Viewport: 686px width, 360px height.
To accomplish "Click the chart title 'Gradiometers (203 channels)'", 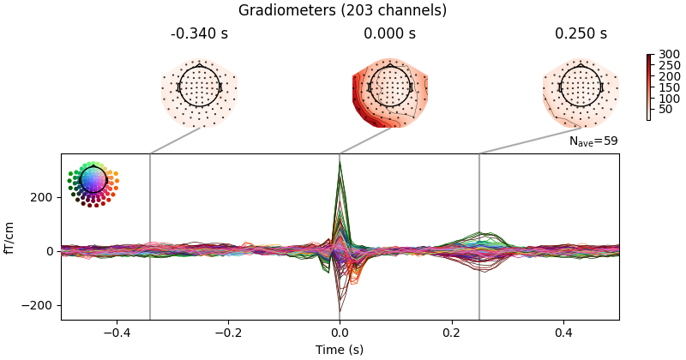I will pyautogui.click(x=342, y=10).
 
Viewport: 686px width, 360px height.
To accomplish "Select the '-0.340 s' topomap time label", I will pyautogui.click(x=199, y=34).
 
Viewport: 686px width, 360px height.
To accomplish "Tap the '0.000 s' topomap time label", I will pyautogui.click(x=389, y=34).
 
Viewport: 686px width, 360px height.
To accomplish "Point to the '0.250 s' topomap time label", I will pyautogui.click(x=581, y=34).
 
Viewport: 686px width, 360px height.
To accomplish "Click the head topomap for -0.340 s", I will pyautogui.click(x=199, y=87).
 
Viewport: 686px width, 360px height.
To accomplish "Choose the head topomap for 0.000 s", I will pyautogui.click(x=389, y=87).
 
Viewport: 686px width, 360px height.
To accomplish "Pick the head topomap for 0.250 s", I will pyautogui.click(x=581, y=87).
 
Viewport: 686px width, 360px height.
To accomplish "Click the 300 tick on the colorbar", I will pyautogui.click(x=663, y=55).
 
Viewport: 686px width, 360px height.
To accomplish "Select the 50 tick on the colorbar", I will pyautogui.click(x=663, y=109).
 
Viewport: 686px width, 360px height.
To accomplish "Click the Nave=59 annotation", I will pyautogui.click(x=593, y=141).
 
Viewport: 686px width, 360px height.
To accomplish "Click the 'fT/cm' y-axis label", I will pyautogui.click(x=10, y=237).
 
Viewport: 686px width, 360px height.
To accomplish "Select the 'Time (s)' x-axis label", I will pyautogui.click(x=340, y=350).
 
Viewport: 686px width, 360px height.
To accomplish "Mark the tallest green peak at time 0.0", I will pyautogui.click(x=340, y=163).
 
